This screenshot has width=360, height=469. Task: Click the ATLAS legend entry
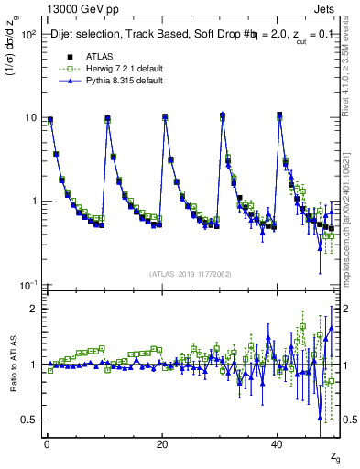tap(83, 55)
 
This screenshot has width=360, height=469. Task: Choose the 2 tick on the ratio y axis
tap(31, 309)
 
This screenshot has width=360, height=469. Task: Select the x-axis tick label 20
tap(162, 444)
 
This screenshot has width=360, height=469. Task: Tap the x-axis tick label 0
tap(47, 444)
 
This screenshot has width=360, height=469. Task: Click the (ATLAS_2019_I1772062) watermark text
tap(191, 274)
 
